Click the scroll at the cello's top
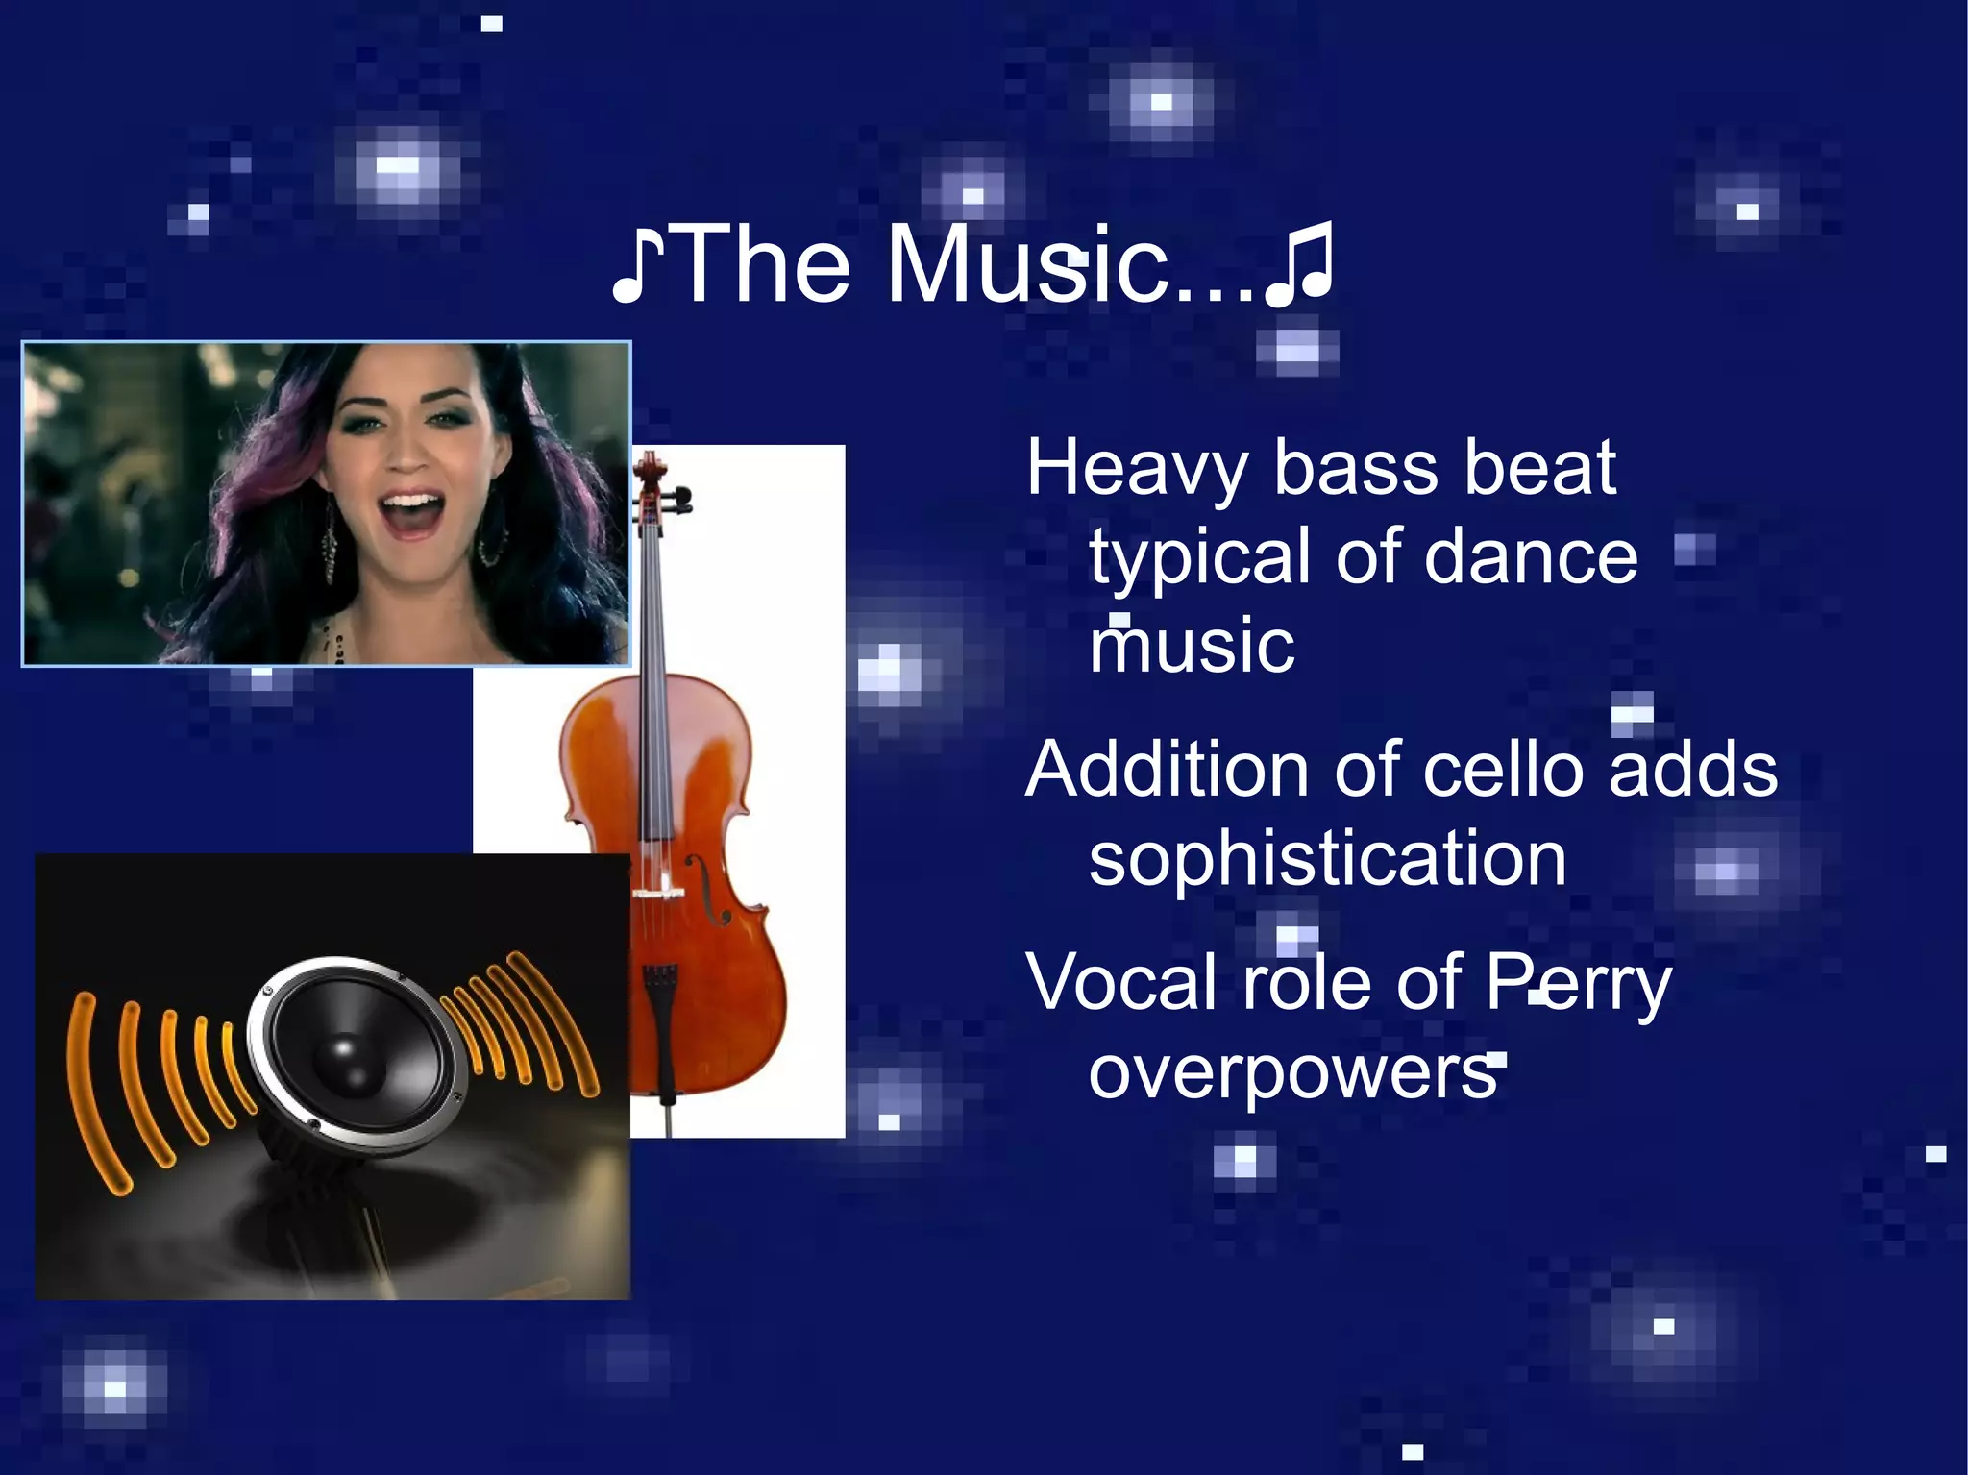click(650, 471)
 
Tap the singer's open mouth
click(411, 510)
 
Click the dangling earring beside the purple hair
click(330, 550)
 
